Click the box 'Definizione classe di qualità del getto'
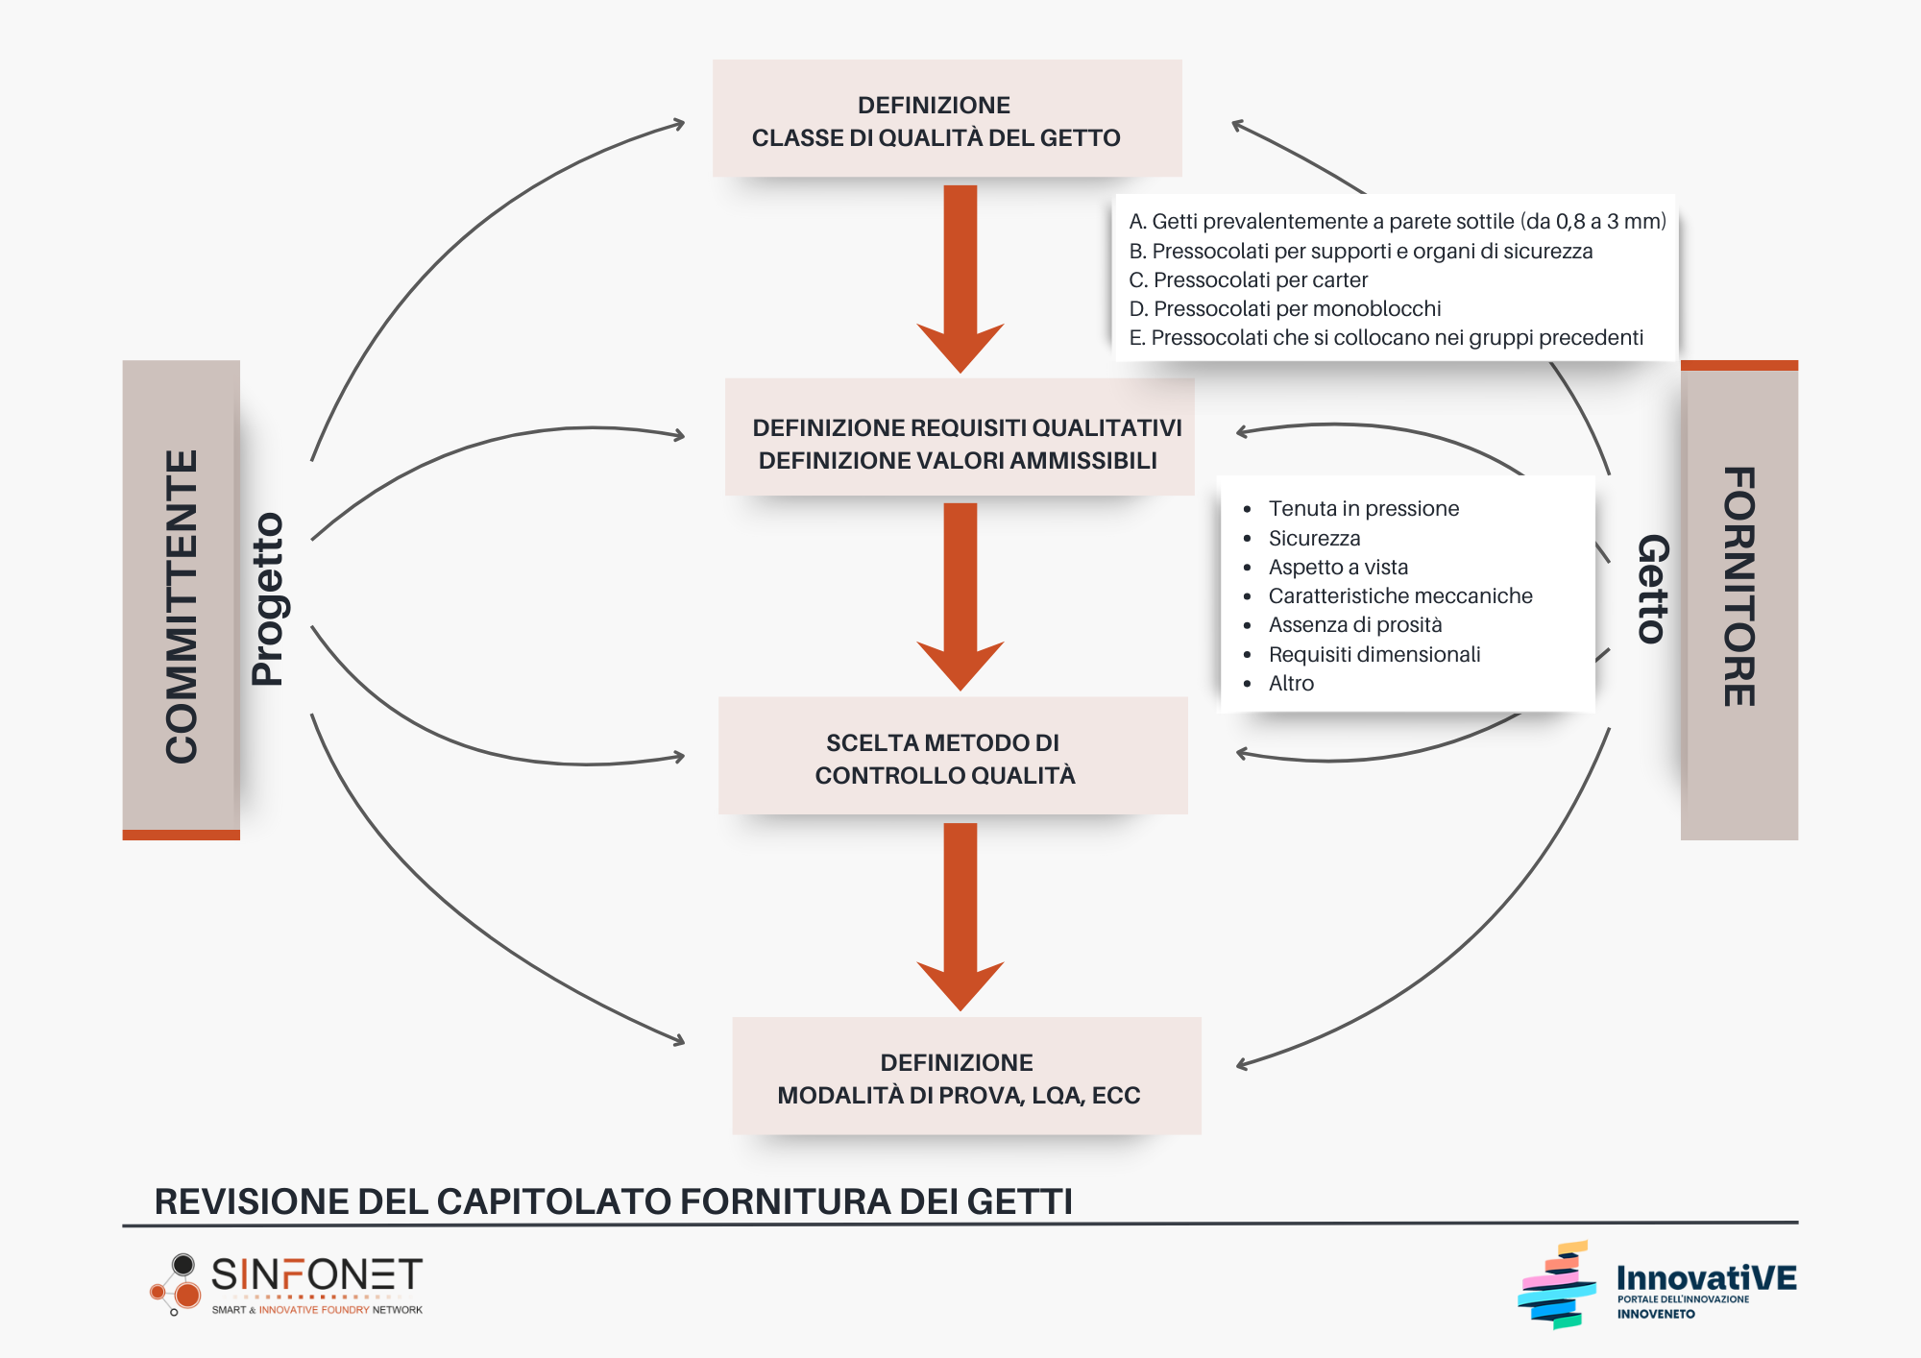tap(947, 119)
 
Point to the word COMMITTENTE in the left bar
tap(182, 606)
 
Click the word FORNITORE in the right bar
tap(1739, 587)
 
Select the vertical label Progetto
tap(268, 599)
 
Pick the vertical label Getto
tap(1653, 588)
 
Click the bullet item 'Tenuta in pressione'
tap(1363, 509)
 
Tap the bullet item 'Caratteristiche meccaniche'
tap(1399, 596)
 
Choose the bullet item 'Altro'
tap(1291, 684)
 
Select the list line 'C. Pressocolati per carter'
tap(1248, 280)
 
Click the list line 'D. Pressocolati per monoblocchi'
tap(1284, 309)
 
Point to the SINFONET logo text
tap(316, 1275)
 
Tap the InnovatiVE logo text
tap(1706, 1278)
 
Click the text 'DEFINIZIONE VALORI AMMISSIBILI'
tap(958, 461)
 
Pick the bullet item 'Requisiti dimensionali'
tap(1374, 655)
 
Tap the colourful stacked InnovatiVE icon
tap(1557, 1285)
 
